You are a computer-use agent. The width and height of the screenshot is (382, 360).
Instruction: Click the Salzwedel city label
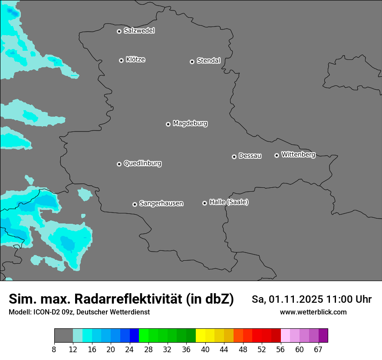[x=139, y=31]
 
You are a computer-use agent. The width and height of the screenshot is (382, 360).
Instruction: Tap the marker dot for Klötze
[x=122, y=60]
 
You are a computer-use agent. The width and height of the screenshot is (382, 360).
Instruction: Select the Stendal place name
[x=208, y=61]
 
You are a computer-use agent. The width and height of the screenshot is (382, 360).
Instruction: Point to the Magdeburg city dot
[x=168, y=124]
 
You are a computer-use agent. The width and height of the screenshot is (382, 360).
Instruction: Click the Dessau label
[x=250, y=156]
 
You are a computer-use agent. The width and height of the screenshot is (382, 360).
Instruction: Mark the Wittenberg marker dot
[x=277, y=155]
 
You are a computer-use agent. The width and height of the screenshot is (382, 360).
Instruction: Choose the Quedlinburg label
[x=142, y=164]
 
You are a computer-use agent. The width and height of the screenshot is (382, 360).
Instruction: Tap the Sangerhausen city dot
[x=135, y=204]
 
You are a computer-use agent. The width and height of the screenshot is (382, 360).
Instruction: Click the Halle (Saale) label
[x=229, y=202]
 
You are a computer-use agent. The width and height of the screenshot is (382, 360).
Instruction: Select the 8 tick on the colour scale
[x=54, y=350]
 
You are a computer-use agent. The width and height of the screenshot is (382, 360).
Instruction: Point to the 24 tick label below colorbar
[x=129, y=350]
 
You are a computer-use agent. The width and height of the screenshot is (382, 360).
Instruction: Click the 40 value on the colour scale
[x=205, y=350]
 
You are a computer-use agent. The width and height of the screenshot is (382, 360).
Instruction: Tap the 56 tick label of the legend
[x=281, y=350]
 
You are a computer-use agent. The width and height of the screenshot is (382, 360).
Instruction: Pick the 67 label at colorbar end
[x=318, y=350]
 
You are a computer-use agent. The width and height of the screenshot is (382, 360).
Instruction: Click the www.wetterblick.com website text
[x=313, y=312]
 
